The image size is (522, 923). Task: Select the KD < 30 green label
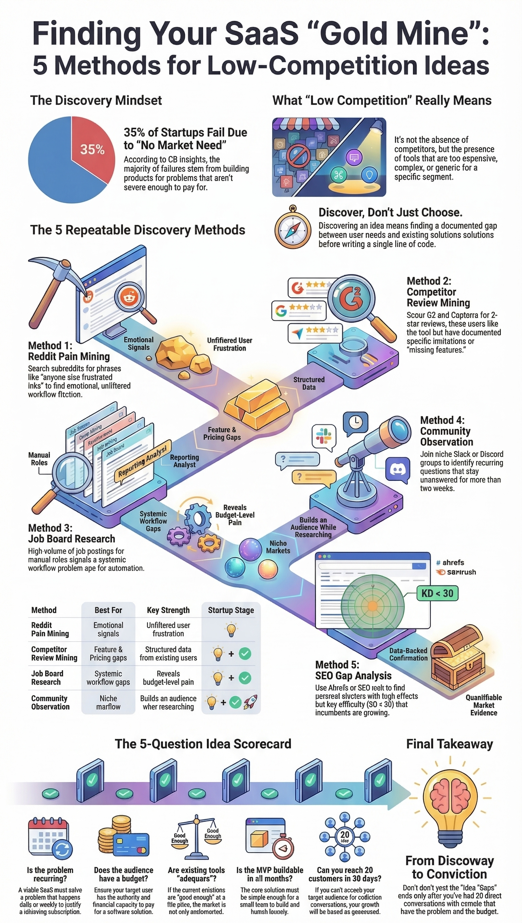tap(437, 593)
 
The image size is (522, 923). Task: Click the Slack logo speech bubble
tap(324, 436)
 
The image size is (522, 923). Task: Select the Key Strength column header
tap(168, 610)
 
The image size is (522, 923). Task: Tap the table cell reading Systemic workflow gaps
tap(108, 678)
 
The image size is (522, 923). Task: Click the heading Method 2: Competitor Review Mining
tap(438, 292)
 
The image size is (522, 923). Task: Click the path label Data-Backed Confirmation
tap(408, 654)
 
